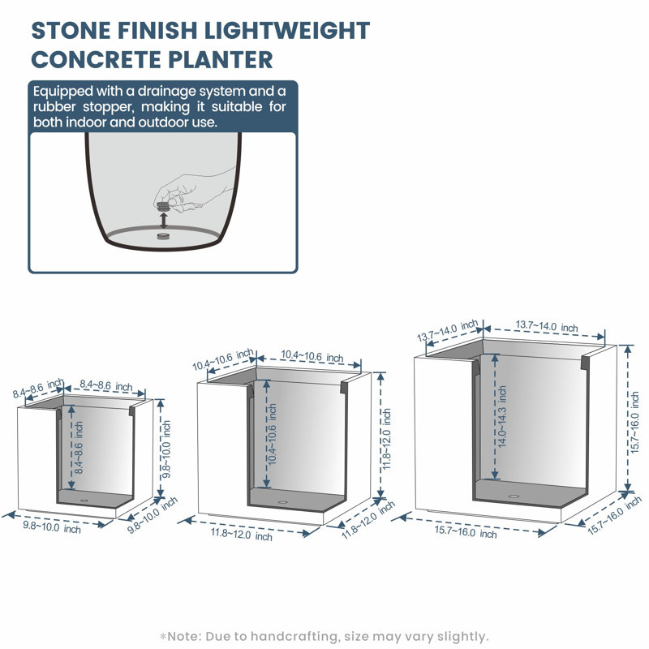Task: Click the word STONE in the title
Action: coord(71,31)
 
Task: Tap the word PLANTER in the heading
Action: coord(221,59)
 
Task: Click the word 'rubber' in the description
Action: coord(54,107)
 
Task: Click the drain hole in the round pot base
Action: coord(164,237)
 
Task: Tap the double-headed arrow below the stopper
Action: coord(164,220)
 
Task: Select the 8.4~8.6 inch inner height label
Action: coord(79,448)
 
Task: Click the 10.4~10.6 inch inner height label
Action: coord(272,434)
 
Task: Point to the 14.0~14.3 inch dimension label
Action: coord(502,416)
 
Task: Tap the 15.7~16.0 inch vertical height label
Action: coord(635,423)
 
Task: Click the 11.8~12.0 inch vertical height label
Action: coord(386,439)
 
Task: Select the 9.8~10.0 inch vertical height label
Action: coord(166,449)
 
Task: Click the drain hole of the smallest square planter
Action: coord(84,501)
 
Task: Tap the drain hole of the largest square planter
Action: coord(514,496)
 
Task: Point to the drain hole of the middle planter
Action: coord(282,502)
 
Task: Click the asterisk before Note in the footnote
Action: coord(163,636)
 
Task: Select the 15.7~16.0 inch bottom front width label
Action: coord(465,531)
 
